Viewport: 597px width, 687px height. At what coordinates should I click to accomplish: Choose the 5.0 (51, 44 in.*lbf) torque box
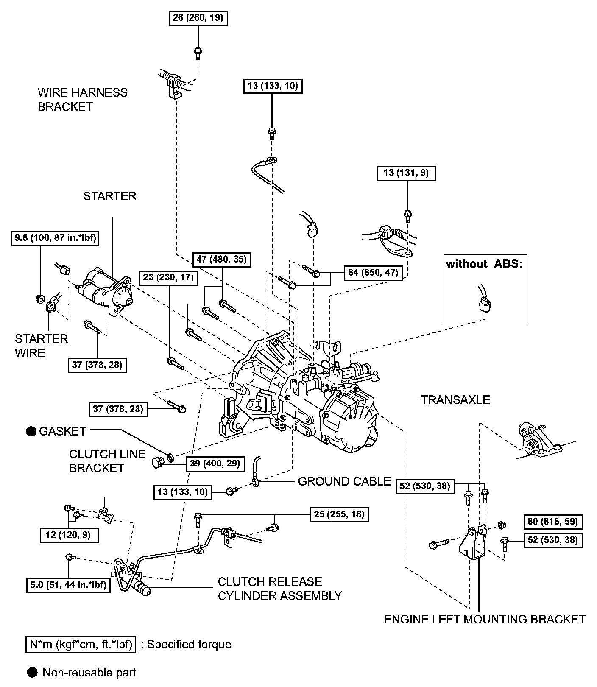point(67,585)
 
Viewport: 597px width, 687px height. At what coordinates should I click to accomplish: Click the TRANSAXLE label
point(455,399)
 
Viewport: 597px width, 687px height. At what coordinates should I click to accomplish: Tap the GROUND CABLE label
point(344,481)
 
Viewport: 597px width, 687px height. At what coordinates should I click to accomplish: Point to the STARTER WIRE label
point(42,346)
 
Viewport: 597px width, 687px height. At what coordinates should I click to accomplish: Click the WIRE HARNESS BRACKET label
point(83,99)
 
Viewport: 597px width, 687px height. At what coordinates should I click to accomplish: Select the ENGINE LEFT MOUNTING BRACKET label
point(485,619)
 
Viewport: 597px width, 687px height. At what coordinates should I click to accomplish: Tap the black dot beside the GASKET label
point(31,432)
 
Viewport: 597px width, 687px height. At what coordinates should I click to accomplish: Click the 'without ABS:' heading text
point(484,264)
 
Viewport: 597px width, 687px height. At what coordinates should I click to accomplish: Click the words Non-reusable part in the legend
point(89,673)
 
